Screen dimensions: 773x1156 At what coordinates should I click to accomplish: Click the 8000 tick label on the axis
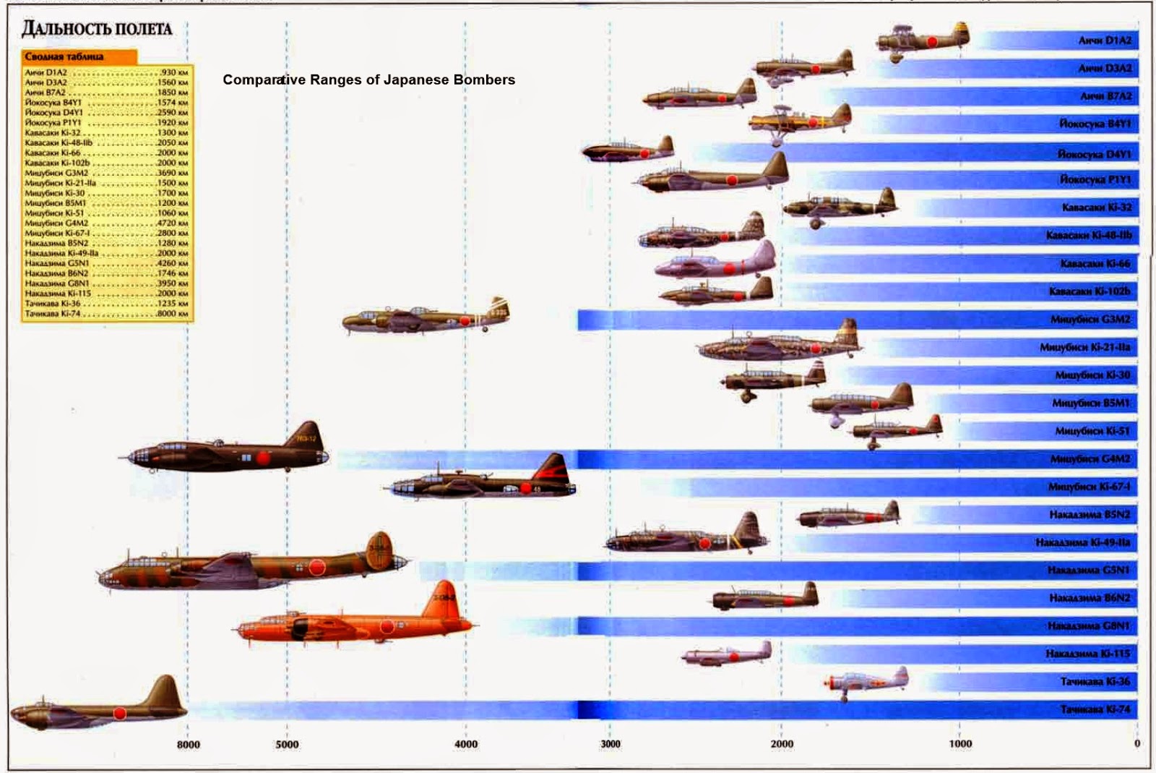point(188,744)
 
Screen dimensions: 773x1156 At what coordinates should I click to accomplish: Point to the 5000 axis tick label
point(287,744)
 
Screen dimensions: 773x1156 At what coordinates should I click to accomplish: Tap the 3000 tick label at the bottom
point(611,744)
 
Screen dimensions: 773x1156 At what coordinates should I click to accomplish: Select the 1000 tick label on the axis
point(960,743)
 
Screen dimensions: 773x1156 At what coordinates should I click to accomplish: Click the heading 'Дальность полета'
point(97,29)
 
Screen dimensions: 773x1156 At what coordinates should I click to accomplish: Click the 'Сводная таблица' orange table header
point(64,56)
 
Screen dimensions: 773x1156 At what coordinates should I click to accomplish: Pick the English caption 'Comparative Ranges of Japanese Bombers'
point(368,80)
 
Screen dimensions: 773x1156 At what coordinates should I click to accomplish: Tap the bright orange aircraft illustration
point(354,622)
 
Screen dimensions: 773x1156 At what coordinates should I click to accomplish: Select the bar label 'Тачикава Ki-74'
point(1095,709)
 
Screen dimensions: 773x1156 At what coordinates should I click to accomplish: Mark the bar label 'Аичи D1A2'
point(1105,40)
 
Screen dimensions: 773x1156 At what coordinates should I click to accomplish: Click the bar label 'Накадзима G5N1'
point(1088,571)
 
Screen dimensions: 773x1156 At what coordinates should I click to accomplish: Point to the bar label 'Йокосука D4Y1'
point(1095,154)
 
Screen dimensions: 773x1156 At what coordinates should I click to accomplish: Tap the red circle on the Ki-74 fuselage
point(119,714)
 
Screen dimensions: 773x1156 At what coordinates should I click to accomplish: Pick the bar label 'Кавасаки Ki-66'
point(1095,264)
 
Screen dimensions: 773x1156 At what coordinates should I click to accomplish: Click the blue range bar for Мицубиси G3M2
point(795,319)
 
